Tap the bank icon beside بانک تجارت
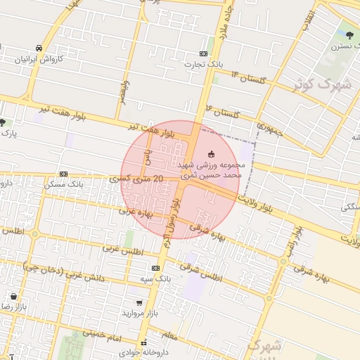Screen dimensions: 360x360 204,54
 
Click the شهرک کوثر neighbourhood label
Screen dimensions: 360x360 323,84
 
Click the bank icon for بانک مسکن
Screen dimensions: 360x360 64,174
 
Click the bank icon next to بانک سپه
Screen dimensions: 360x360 155,268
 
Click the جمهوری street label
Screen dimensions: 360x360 269,129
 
